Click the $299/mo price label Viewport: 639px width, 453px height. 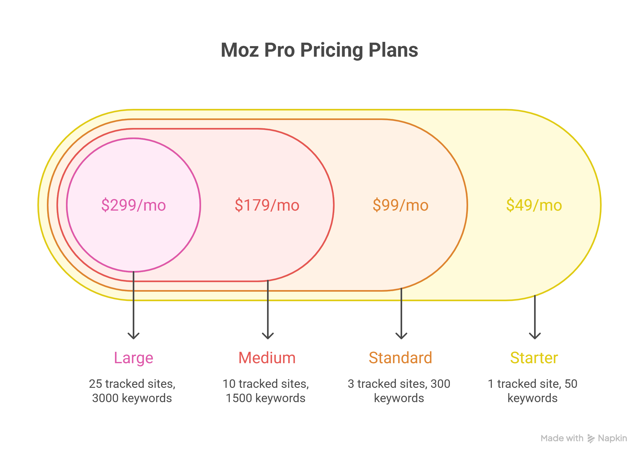pyautogui.click(x=133, y=205)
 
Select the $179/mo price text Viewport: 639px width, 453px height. pyautogui.click(x=267, y=205)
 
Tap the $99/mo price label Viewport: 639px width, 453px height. pyautogui.click(x=400, y=205)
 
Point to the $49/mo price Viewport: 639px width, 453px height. pyautogui.click(x=534, y=205)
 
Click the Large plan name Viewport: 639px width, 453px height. pyautogui.click(x=133, y=358)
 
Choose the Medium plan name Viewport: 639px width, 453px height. pyautogui.click(x=267, y=358)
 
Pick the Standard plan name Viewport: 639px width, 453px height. pyautogui.click(x=400, y=358)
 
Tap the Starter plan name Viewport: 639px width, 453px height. pyautogui.click(x=534, y=358)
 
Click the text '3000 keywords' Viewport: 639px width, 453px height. pyautogui.click(x=132, y=398)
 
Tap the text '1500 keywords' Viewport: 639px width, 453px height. pyautogui.click(x=265, y=398)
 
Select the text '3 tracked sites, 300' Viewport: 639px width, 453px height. pyautogui.click(x=399, y=384)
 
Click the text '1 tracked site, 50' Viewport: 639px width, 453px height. pyautogui.click(x=532, y=384)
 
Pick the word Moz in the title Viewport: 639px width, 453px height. pyautogui.click(x=239, y=51)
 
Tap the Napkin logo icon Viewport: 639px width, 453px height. pyautogui.click(x=591, y=438)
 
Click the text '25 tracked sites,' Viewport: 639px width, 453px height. pyautogui.click(x=132, y=384)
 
